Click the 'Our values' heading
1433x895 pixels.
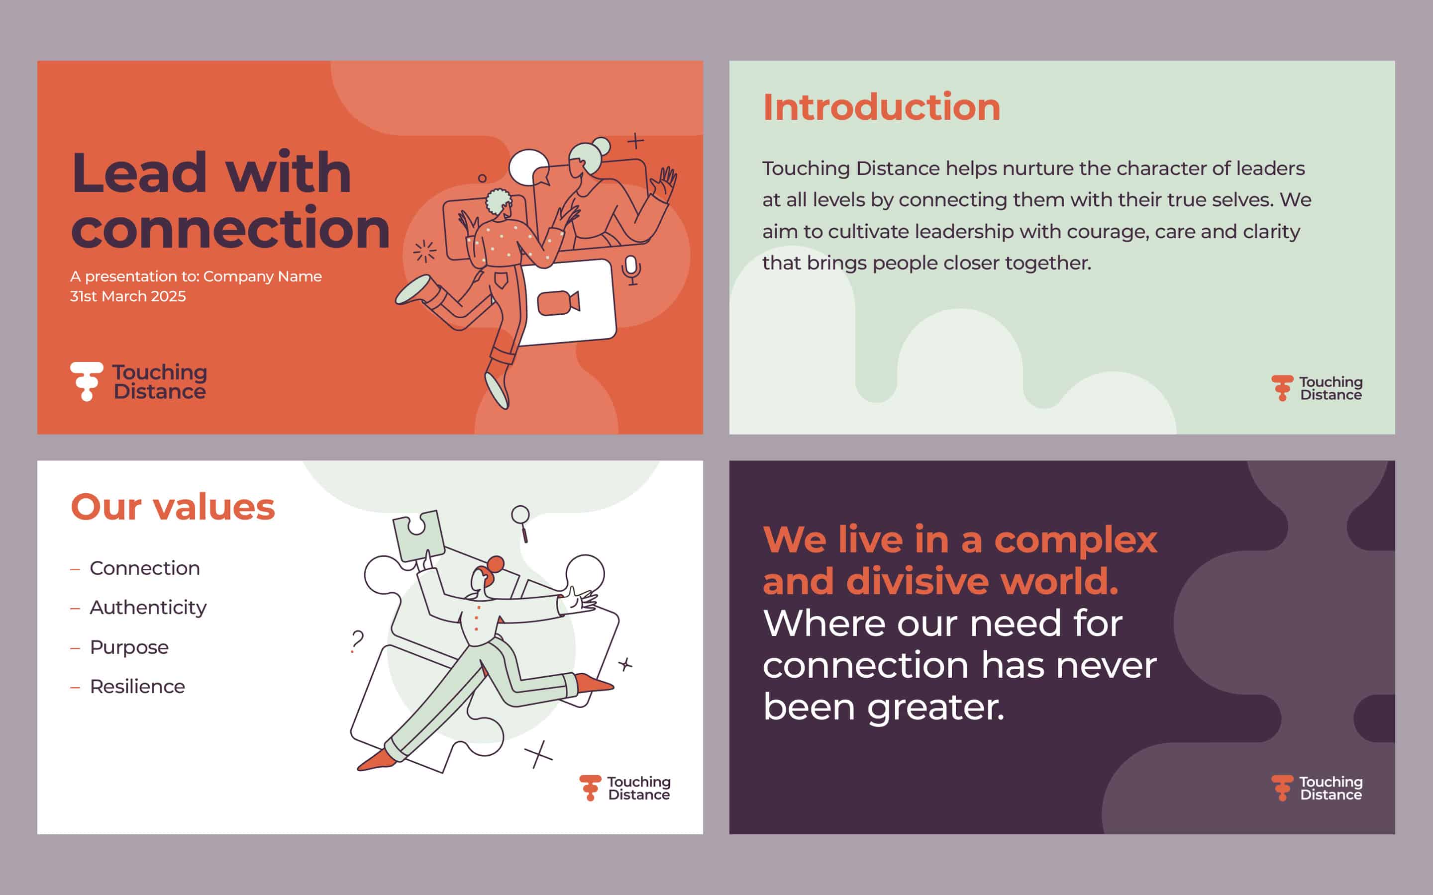(173, 507)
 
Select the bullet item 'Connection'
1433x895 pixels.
(144, 568)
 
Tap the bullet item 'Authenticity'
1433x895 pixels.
(148, 608)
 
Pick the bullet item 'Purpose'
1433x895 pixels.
(129, 647)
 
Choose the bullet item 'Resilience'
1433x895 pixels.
(137, 687)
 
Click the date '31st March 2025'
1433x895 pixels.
(128, 296)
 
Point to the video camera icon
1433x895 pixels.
(558, 303)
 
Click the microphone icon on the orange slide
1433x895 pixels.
(631, 270)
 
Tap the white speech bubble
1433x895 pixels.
(528, 167)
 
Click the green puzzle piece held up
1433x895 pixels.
(418, 535)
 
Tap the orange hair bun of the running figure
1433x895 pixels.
(495, 564)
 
